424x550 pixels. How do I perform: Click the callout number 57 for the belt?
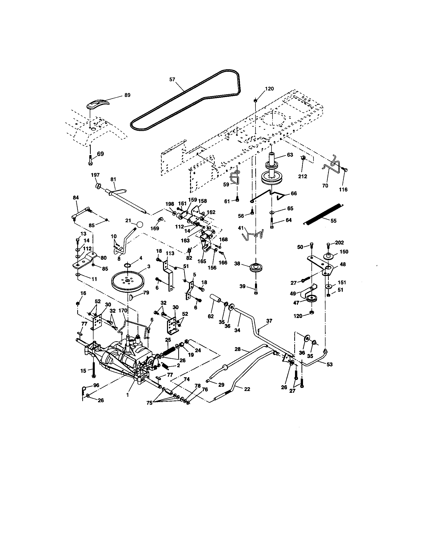point(172,79)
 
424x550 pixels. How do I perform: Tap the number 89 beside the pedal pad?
point(127,95)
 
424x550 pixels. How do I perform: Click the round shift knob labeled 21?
point(140,224)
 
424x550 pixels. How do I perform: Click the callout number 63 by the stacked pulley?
point(290,154)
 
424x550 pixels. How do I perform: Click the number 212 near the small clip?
point(303,176)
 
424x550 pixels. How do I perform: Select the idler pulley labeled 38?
point(255,267)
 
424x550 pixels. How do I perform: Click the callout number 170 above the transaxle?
point(123,310)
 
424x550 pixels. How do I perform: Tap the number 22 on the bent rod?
point(247,389)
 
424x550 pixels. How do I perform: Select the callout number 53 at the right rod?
point(329,364)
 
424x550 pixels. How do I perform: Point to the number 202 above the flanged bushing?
point(339,242)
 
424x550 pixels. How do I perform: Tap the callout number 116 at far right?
point(343,189)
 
